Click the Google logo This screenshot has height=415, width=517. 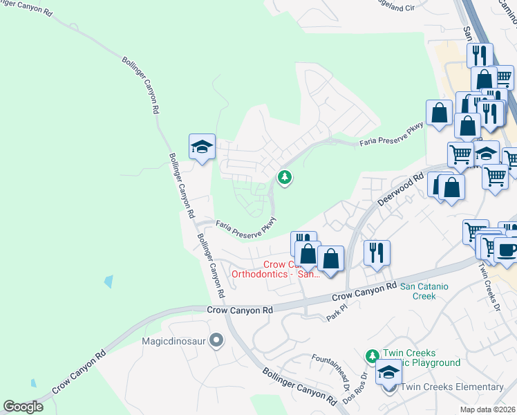pos(23,407)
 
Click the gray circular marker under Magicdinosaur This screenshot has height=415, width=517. pos(217,340)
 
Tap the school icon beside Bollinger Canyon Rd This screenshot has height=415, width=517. pos(202,147)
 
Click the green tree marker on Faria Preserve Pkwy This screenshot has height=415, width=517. pos(284,178)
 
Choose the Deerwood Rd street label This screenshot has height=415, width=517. pos(400,190)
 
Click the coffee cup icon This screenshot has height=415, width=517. pos(506,250)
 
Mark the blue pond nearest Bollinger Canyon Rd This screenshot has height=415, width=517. pos(109,282)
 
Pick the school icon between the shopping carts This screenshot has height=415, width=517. pos(486,154)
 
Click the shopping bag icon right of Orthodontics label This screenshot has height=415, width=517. pos(331,259)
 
